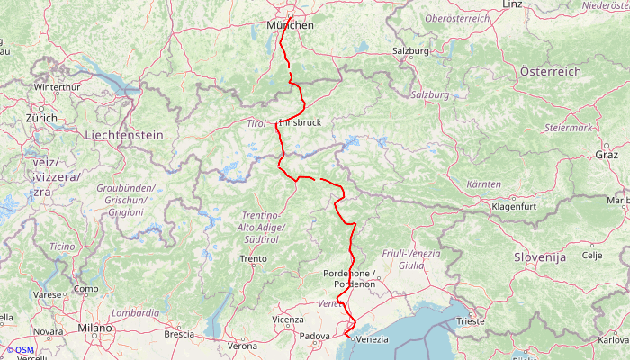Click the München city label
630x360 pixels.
(x=291, y=25)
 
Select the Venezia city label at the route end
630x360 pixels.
(x=372, y=339)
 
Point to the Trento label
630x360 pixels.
(x=253, y=259)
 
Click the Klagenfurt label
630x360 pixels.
(x=514, y=206)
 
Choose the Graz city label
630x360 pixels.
(x=607, y=155)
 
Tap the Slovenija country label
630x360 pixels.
(x=540, y=257)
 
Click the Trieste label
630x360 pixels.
(x=470, y=320)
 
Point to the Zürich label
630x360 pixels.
(x=41, y=118)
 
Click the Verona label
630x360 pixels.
(x=241, y=346)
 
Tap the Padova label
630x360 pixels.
(x=315, y=338)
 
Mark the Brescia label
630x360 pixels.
(x=179, y=334)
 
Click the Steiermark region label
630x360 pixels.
(x=568, y=128)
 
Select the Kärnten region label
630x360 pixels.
(x=484, y=184)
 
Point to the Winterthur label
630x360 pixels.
(x=57, y=87)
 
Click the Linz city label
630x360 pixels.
(x=512, y=4)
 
